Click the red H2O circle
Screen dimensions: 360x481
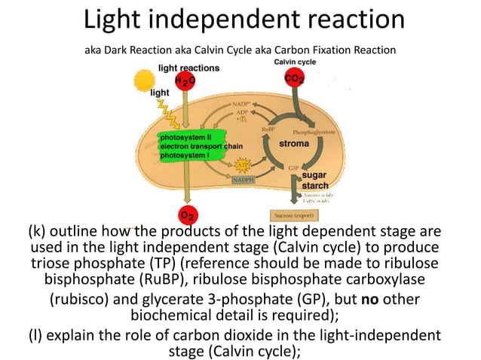click(x=185, y=81)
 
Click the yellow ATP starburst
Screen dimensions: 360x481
click(x=244, y=164)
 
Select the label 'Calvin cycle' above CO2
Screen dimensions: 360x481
click(x=295, y=61)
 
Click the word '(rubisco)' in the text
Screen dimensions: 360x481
click(x=85, y=299)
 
